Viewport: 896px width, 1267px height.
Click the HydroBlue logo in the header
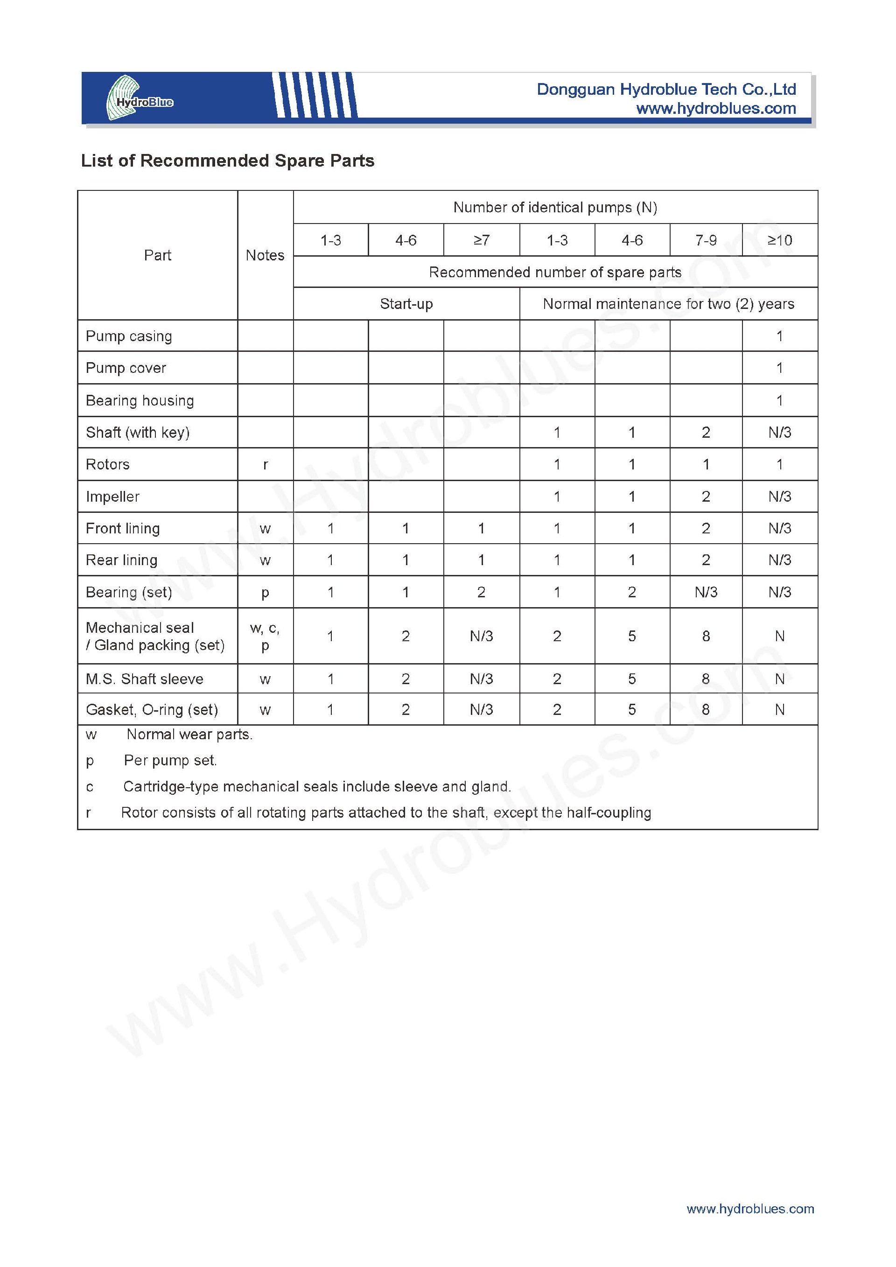(x=139, y=98)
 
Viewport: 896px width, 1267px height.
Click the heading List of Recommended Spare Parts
(x=227, y=161)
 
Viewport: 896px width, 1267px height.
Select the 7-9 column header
(x=706, y=240)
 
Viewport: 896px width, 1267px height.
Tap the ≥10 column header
(x=780, y=240)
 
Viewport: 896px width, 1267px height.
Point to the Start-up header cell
(x=406, y=303)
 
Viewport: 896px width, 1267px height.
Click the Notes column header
(x=265, y=255)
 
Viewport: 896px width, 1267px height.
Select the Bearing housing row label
(x=140, y=400)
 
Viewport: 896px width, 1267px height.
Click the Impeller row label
(x=112, y=497)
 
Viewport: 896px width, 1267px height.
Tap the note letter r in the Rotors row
(x=266, y=465)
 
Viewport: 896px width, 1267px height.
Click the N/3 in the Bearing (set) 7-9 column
(x=706, y=592)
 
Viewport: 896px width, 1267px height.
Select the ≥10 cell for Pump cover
(x=780, y=368)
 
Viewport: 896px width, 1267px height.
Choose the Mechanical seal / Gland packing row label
(x=155, y=636)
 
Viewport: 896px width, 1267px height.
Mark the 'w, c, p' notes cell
(x=265, y=636)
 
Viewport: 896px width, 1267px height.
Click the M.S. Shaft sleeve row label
(x=145, y=679)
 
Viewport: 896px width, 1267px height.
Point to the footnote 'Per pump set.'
(x=170, y=760)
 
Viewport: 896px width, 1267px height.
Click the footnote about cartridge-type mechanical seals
(x=317, y=786)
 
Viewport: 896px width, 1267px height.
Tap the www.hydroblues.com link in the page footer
(x=750, y=1209)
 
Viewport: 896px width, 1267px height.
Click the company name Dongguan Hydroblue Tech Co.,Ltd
(x=666, y=90)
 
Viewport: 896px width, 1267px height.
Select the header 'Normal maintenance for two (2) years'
(x=668, y=303)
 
